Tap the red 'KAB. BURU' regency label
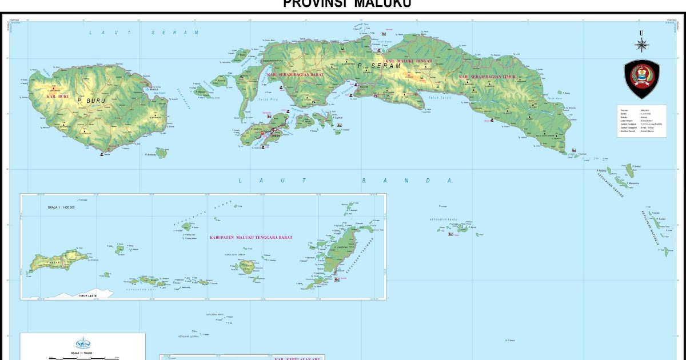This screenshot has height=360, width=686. (x=57, y=96)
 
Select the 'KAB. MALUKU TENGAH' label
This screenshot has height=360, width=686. (x=409, y=59)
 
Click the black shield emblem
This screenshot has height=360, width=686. (x=641, y=80)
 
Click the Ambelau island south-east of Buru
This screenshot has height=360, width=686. (x=162, y=153)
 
